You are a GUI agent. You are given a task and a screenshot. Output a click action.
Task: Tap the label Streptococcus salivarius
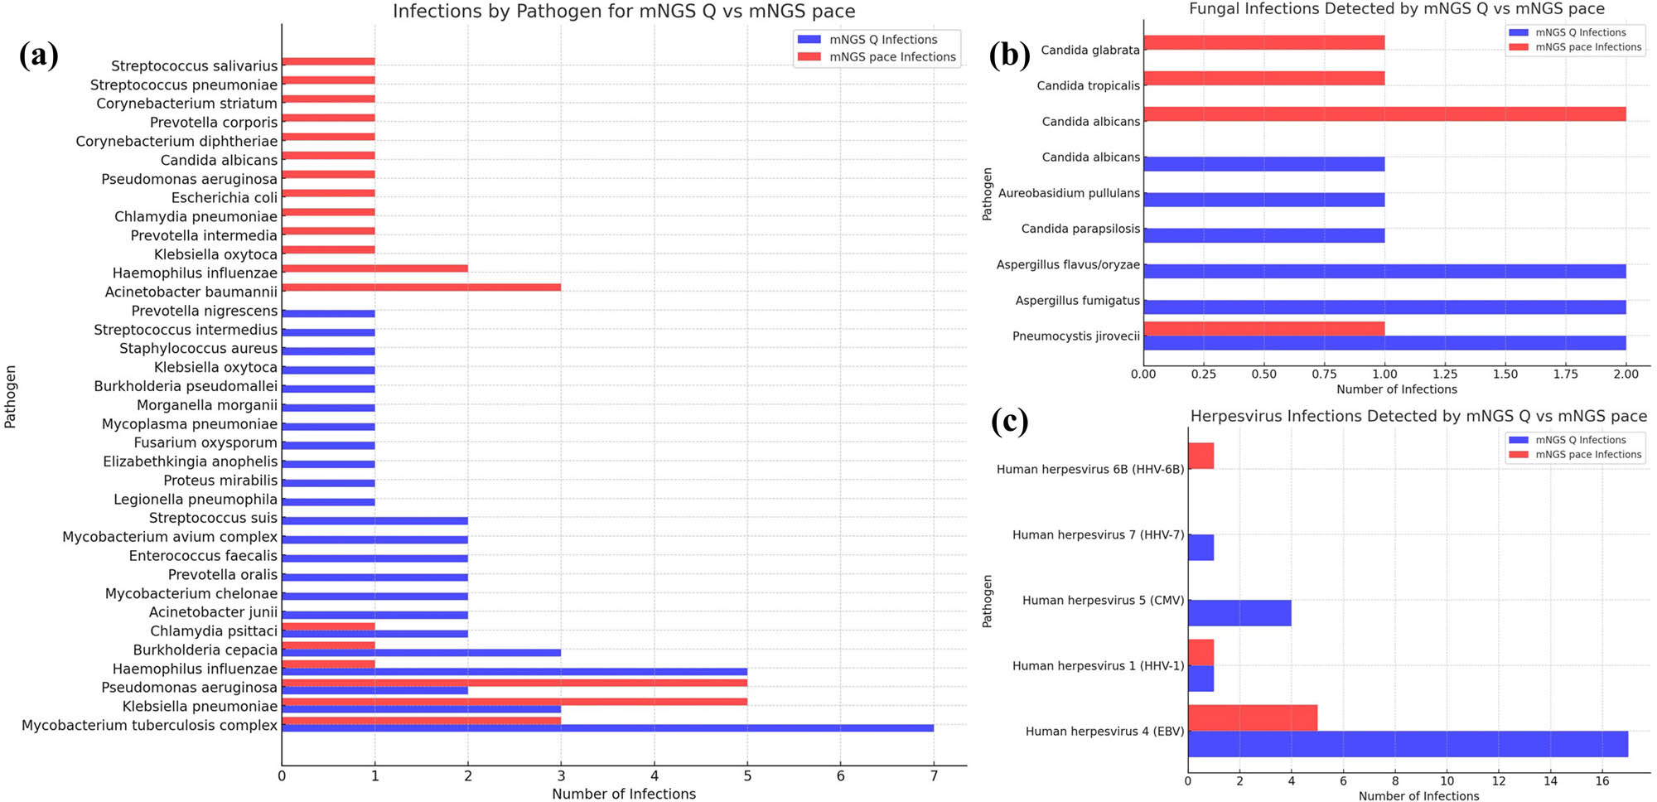pyautogui.click(x=195, y=65)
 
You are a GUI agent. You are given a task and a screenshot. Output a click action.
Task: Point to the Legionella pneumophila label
pyautogui.click(x=196, y=500)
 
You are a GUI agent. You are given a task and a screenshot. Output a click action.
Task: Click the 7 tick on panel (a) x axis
pyautogui.click(x=934, y=776)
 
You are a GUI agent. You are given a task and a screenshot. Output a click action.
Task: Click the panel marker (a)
pyautogui.click(x=38, y=55)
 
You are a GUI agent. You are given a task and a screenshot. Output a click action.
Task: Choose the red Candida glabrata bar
pyautogui.click(x=1263, y=42)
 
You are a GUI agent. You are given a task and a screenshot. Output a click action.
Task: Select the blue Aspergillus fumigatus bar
pyautogui.click(x=1384, y=307)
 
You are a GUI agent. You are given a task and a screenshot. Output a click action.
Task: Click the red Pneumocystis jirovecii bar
pyautogui.click(x=1263, y=329)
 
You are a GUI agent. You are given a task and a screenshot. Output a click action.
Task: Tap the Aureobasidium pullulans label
pyautogui.click(x=1069, y=193)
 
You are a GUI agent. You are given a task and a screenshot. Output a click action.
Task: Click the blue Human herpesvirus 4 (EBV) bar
pyautogui.click(x=1407, y=744)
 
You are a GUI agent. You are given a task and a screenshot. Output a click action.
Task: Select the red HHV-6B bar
pyautogui.click(x=1200, y=456)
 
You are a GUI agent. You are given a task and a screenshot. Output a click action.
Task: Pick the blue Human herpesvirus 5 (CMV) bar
pyautogui.click(x=1239, y=613)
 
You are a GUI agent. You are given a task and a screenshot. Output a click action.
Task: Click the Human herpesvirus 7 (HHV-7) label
pyautogui.click(x=1098, y=534)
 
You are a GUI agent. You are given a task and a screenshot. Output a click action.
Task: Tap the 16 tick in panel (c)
pyautogui.click(x=1602, y=781)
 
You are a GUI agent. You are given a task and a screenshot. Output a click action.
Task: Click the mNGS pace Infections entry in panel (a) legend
pyautogui.click(x=892, y=57)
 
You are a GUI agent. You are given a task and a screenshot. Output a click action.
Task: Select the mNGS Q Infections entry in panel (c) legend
pyautogui.click(x=1580, y=440)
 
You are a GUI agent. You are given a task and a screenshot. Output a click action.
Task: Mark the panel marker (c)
pyautogui.click(x=1009, y=421)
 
